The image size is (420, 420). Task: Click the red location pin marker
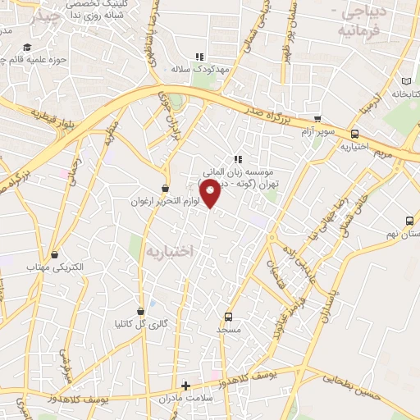pyautogui.click(x=211, y=194)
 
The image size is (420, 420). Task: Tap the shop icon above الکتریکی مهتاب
pyautogui.click(x=55, y=254)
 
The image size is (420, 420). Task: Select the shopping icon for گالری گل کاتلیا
pyautogui.click(x=143, y=310)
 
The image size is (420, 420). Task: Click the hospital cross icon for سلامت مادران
pyautogui.click(x=186, y=386)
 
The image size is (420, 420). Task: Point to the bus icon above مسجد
pyautogui.click(x=228, y=317)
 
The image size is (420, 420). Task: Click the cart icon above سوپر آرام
pyautogui.click(x=318, y=119)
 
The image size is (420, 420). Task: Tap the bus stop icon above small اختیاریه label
pyautogui.click(x=354, y=134)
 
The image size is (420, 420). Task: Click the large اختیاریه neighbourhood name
pyautogui.click(x=169, y=251)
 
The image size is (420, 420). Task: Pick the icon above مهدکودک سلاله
pyautogui.click(x=198, y=57)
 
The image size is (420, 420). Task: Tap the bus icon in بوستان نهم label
pyautogui.click(x=409, y=221)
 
